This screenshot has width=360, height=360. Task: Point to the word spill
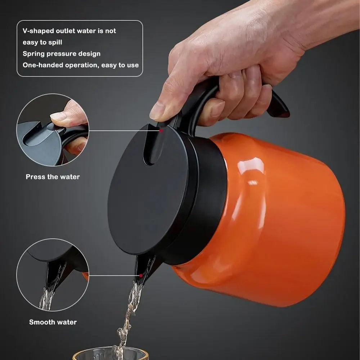(x=55, y=42)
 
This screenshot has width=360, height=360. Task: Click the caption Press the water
(x=53, y=177)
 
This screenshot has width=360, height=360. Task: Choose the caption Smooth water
(x=53, y=322)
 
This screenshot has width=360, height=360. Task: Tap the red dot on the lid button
(x=161, y=131)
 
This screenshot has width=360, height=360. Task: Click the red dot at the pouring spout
(x=141, y=275)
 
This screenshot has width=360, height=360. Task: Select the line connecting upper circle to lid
(x=124, y=131)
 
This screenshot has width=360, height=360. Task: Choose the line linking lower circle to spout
(x=114, y=275)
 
